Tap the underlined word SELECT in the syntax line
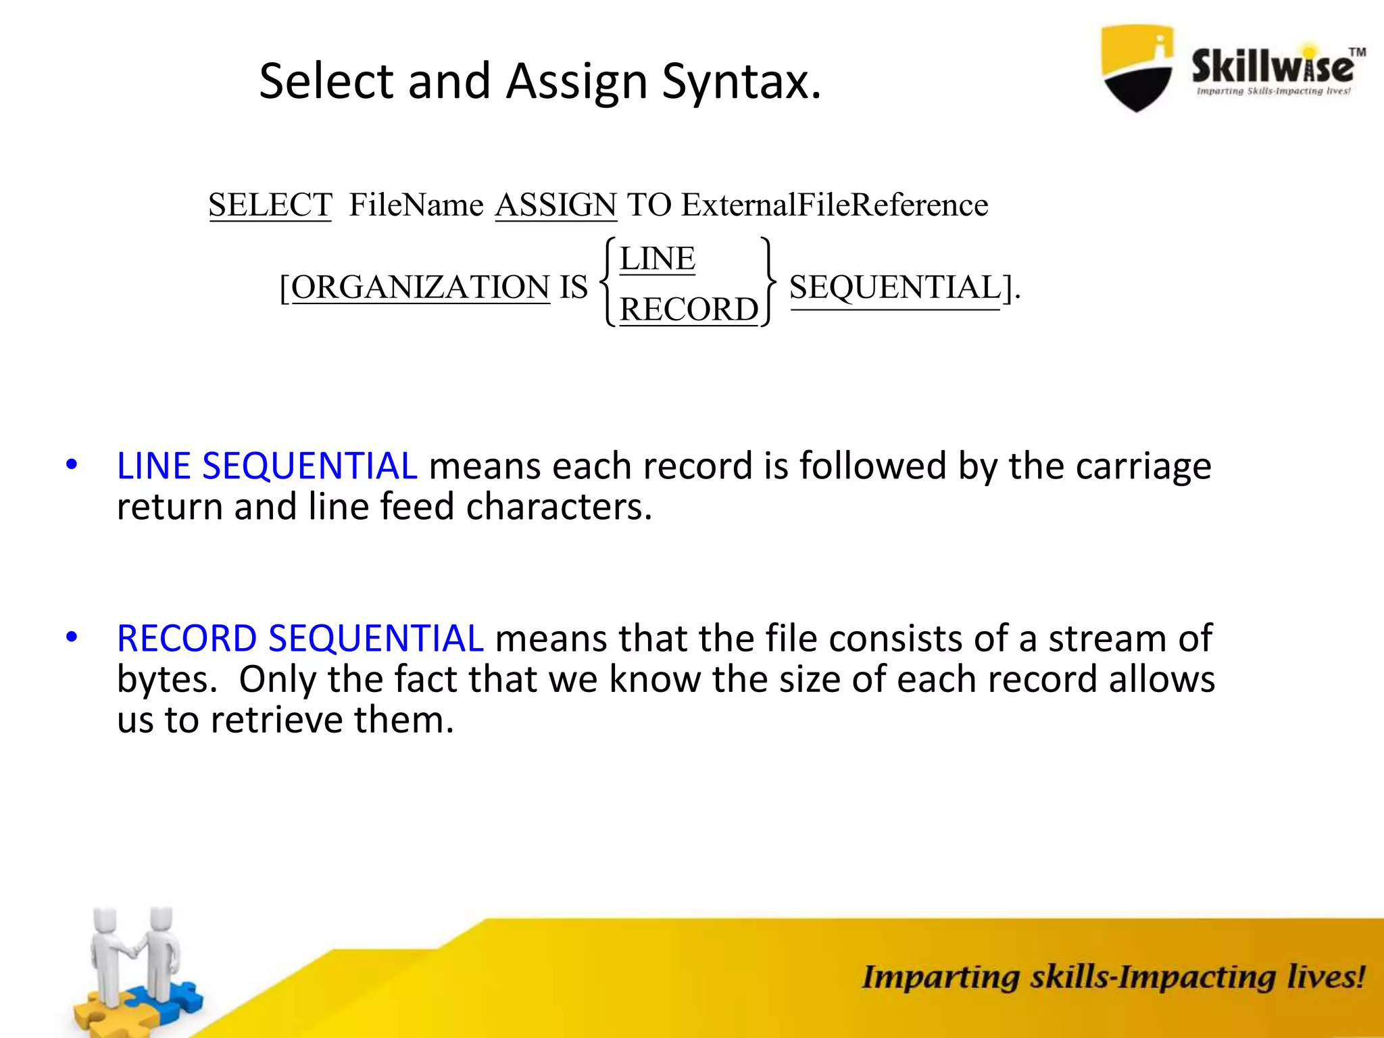point(270,205)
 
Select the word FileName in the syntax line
point(416,205)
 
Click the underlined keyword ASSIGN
point(555,205)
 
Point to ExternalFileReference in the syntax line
point(835,205)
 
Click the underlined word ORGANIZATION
point(420,287)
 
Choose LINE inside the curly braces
point(657,259)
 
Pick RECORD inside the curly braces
point(689,310)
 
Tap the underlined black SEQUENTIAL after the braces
point(895,287)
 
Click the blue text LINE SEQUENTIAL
point(267,466)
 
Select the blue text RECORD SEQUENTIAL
point(300,639)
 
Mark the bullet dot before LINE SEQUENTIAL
point(72,465)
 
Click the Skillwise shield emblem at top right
point(1137,68)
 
